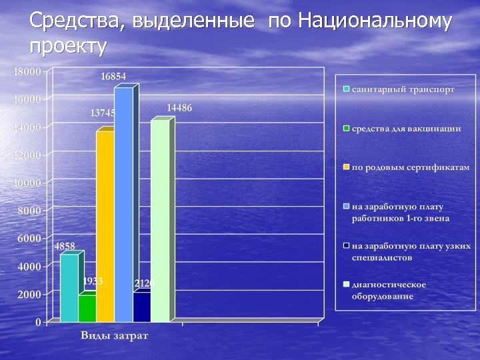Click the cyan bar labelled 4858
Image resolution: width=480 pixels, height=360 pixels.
tap(69, 288)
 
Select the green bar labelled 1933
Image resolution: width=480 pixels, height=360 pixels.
tap(87, 309)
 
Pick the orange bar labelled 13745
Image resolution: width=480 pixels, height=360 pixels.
tap(105, 227)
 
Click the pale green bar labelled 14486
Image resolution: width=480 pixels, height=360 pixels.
tap(160, 220)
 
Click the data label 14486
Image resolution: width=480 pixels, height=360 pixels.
tap(179, 107)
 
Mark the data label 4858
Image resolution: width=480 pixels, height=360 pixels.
tap(65, 246)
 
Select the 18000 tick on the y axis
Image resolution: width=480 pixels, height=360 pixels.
tap(27, 71)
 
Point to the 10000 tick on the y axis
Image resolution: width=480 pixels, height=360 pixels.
tap(27, 183)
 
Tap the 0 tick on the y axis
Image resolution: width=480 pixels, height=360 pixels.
tap(37, 322)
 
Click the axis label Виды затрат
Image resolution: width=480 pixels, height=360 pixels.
tap(115, 335)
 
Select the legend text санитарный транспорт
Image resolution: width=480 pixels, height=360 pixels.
tap(403, 89)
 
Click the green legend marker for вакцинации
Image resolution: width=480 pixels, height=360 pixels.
tap(347, 128)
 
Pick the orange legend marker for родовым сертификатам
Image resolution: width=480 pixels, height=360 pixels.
tap(347, 167)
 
